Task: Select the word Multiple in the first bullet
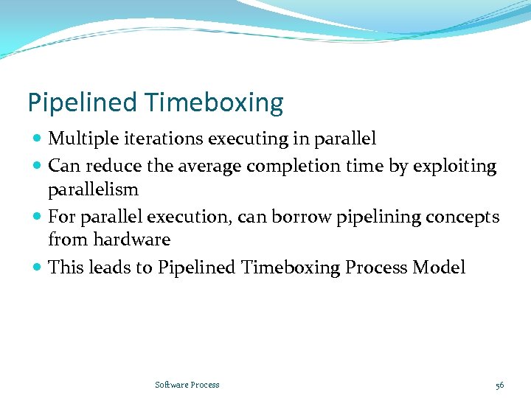point(79,139)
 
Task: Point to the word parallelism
point(93,189)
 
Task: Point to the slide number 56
point(499,385)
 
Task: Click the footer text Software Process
point(187,385)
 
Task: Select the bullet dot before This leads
point(37,268)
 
